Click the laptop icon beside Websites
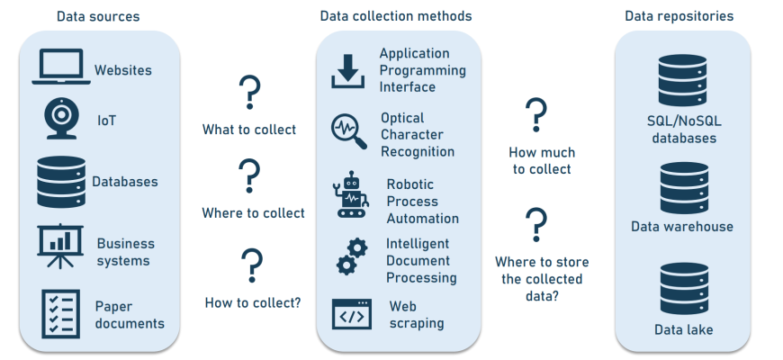pyautogui.click(x=61, y=68)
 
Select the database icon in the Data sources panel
pyautogui.click(x=59, y=182)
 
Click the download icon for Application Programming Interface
pyautogui.click(x=348, y=71)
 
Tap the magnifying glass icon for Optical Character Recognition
pyautogui.click(x=348, y=131)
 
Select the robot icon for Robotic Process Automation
pyautogui.click(x=351, y=197)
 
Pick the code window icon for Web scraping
pyautogui.click(x=351, y=314)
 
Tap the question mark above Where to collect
pyautogui.click(x=249, y=176)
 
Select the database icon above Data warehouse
pyautogui.click(x=682, y=186)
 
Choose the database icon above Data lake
pyautogui.click(x=682, y=288)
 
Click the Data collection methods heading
pyautogui.click(x=396, y=16)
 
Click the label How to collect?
pyautogui.click(x=253, y=302)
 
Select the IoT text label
pyautogui.click(x=107, y=120)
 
